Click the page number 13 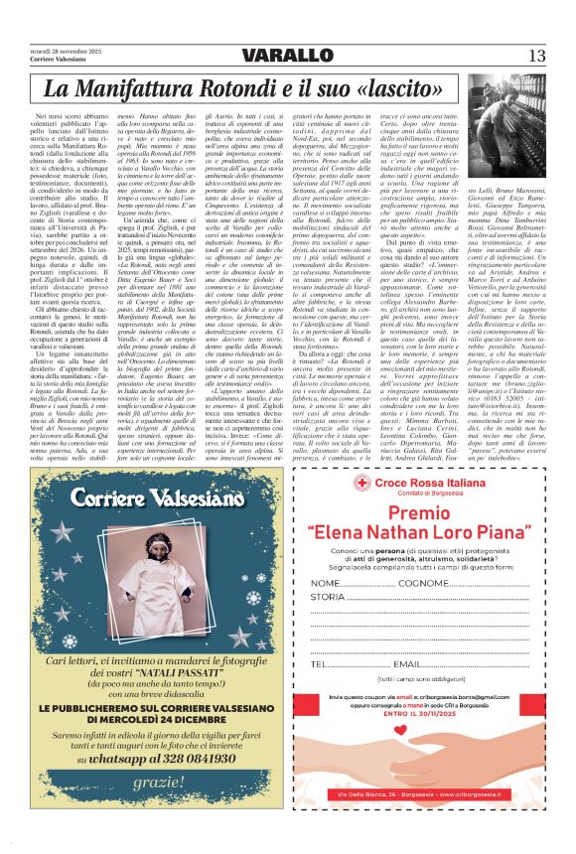[536, 54]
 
